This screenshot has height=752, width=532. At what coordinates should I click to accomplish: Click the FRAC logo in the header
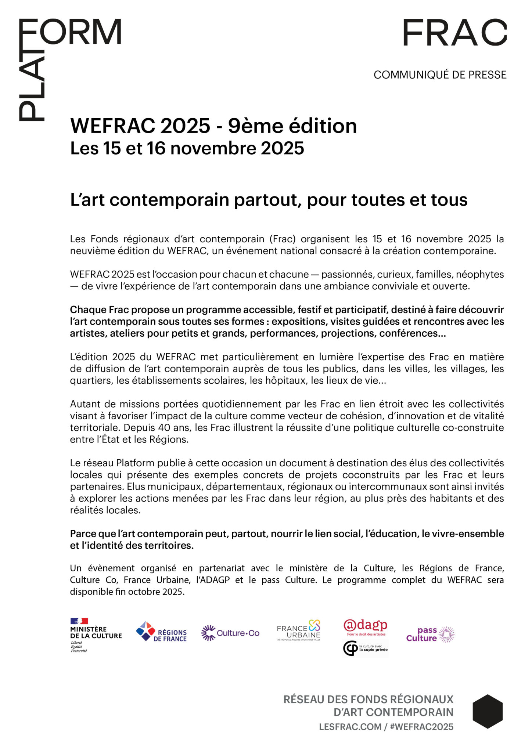tap(454, 33)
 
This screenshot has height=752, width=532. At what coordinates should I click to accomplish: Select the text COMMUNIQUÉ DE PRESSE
tap(440, 75)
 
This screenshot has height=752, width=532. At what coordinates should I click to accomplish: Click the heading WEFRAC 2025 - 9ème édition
tap(213, 126)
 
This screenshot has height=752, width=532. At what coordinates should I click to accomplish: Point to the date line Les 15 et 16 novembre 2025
tap(187, 148)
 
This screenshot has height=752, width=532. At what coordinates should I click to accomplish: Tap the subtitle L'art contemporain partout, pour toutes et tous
tap(269, 200)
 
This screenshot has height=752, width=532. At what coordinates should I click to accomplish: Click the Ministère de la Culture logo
tap(96, 635)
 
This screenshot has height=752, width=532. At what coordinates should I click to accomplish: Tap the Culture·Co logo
tap(230, 633)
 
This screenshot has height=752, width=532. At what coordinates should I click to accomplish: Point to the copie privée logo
tap(366, 648)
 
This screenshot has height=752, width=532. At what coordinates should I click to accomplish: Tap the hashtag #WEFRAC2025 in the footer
tap(421, 727)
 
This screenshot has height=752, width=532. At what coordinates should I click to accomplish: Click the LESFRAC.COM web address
tap(350, 727)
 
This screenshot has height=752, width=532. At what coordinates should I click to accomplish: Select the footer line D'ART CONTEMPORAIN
tap(393, 712)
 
